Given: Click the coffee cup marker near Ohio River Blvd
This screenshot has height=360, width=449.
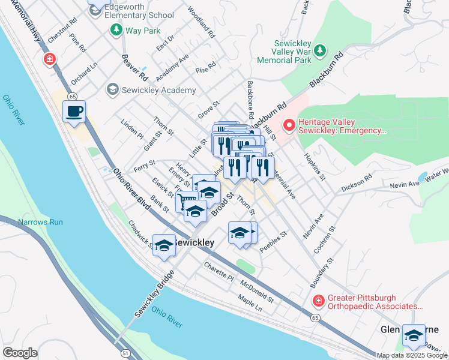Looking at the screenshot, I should [x=74, y=112].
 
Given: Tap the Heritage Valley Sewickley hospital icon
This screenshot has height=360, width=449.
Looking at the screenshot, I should [x=289, y=125].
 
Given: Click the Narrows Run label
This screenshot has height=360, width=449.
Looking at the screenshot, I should [x=40, y=222].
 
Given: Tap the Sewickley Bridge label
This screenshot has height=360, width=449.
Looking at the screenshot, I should [x=154, y=294].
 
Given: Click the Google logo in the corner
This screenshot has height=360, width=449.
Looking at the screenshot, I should [x=20, y=353].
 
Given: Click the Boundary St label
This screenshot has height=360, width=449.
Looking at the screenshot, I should [x=322, y=273].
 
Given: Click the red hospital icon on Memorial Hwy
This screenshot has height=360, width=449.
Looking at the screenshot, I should [x=49, y=59].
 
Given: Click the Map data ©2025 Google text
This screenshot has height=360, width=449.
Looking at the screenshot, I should [x=412, y=355].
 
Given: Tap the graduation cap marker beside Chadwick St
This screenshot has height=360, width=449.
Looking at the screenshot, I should [x=164, y=245].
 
